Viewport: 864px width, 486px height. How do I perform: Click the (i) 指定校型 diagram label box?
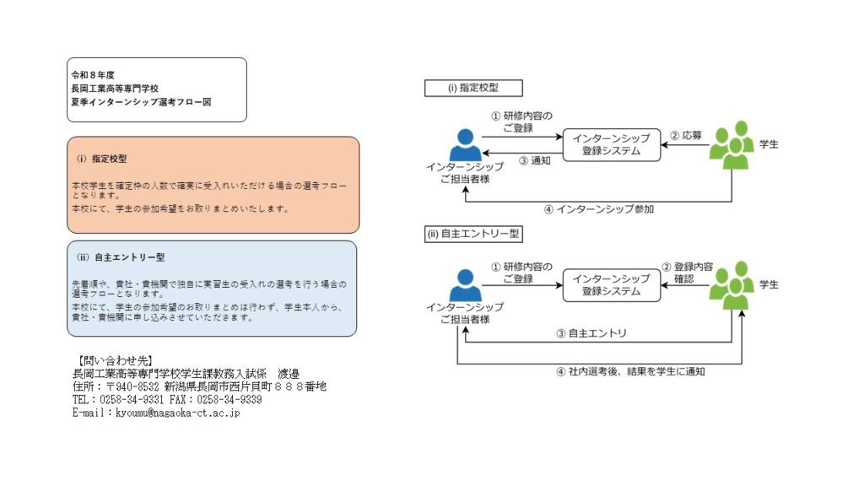473,88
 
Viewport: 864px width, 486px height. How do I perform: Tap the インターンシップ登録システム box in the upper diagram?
611,144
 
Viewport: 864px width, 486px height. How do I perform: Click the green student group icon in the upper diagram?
731,145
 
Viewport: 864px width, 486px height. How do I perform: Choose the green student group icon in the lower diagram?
731,285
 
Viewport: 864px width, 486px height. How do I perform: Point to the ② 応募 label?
686,134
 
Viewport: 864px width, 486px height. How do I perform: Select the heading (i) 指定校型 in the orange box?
102,158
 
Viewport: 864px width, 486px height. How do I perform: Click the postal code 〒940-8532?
134,386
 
